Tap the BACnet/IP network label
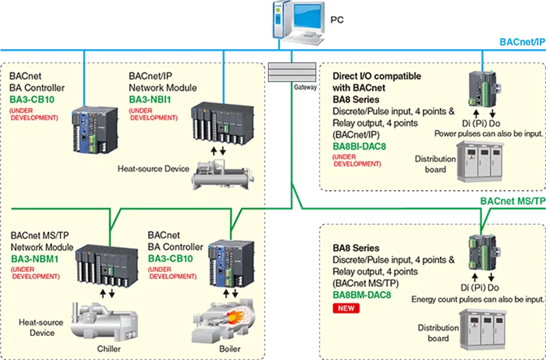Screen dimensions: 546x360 [522, 42]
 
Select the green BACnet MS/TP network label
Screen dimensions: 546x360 [513, 202]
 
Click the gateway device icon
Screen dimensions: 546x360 [292, 72]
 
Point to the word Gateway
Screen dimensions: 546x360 [305, 87]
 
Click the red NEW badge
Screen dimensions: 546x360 [346, 308]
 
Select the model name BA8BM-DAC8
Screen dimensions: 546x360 [362, 295]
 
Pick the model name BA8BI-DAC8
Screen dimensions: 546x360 [360, 146]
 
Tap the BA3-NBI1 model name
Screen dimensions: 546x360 [150, 100]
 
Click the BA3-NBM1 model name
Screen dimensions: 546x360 [35, 260]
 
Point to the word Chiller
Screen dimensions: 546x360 [109, 349]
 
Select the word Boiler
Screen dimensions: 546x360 [230, 349]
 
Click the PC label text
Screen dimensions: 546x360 [336, 20]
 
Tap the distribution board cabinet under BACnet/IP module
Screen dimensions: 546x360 [480, 161]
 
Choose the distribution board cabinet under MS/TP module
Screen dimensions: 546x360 [483, 330]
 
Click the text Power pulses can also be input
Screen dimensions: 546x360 [489, 133]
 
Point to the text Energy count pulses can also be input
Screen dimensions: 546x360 [477, 299]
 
